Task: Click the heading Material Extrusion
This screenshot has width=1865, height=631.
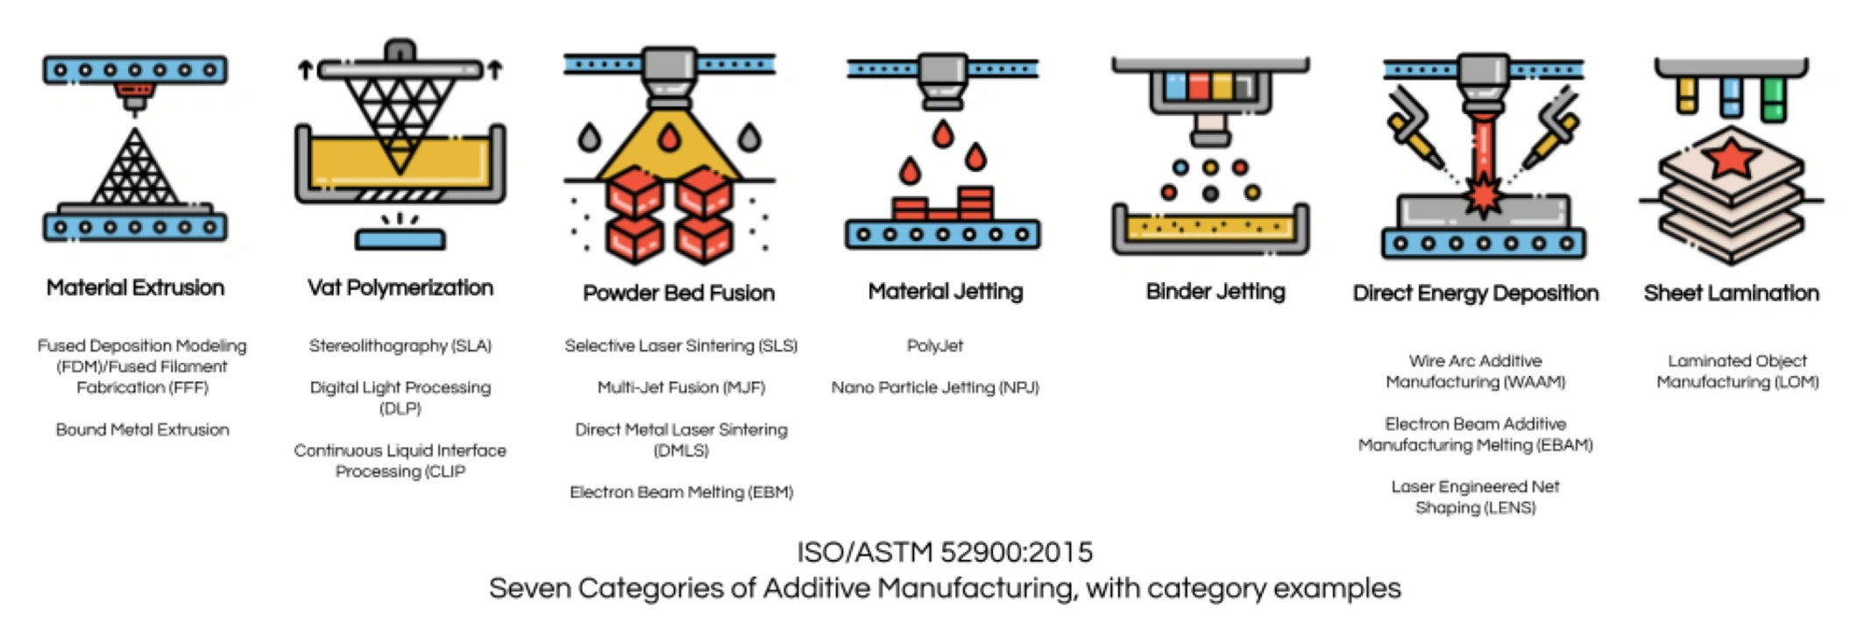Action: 135,287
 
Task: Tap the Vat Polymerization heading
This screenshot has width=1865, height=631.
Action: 400,287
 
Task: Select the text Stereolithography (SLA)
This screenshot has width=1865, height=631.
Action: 400,345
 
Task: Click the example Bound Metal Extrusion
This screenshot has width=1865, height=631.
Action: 142,429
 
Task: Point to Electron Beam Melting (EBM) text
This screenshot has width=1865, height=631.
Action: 681,492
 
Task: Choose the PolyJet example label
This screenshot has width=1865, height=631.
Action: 934,345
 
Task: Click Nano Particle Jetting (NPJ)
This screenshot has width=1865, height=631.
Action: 934,387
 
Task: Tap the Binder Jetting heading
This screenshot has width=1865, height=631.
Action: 1215,292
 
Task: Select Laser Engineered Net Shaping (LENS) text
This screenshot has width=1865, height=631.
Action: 1475,497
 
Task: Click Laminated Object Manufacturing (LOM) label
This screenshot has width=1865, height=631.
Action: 1737,372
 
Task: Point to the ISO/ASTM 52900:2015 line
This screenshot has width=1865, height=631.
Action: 944,552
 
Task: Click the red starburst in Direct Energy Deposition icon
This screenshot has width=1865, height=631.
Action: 1483,195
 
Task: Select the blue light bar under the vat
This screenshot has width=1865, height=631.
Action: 400,238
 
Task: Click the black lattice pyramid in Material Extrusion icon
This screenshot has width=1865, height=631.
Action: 135,171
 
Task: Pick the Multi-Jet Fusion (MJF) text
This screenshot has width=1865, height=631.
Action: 681,387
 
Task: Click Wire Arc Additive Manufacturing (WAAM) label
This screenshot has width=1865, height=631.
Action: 1475,372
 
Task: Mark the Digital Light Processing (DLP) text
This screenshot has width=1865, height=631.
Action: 400,397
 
